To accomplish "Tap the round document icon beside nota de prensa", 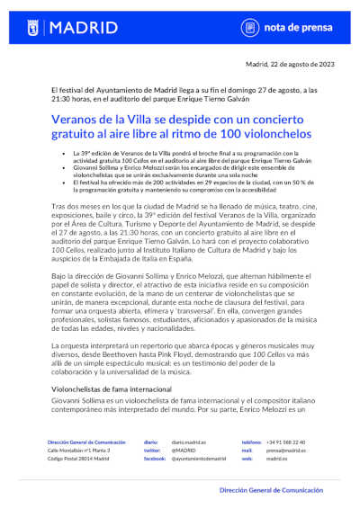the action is [x=229, y=28].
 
